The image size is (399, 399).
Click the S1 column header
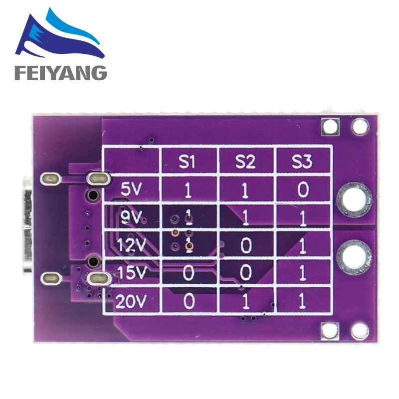point(189,162)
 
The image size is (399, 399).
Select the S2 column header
point(245,162)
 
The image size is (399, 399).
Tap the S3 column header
point(302,162)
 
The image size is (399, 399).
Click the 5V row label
point(132,189)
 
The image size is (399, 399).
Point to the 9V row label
point(132,217)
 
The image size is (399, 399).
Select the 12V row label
point(131,245)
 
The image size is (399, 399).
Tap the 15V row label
point(131,273)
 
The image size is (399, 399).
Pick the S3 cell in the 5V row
point(302,189)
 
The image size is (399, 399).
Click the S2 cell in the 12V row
point(245,245)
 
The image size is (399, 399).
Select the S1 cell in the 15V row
point(189,273)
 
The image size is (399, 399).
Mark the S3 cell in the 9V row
point(302,217)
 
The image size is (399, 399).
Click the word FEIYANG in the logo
point(60,73)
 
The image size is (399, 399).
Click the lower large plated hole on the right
point(354,257)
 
